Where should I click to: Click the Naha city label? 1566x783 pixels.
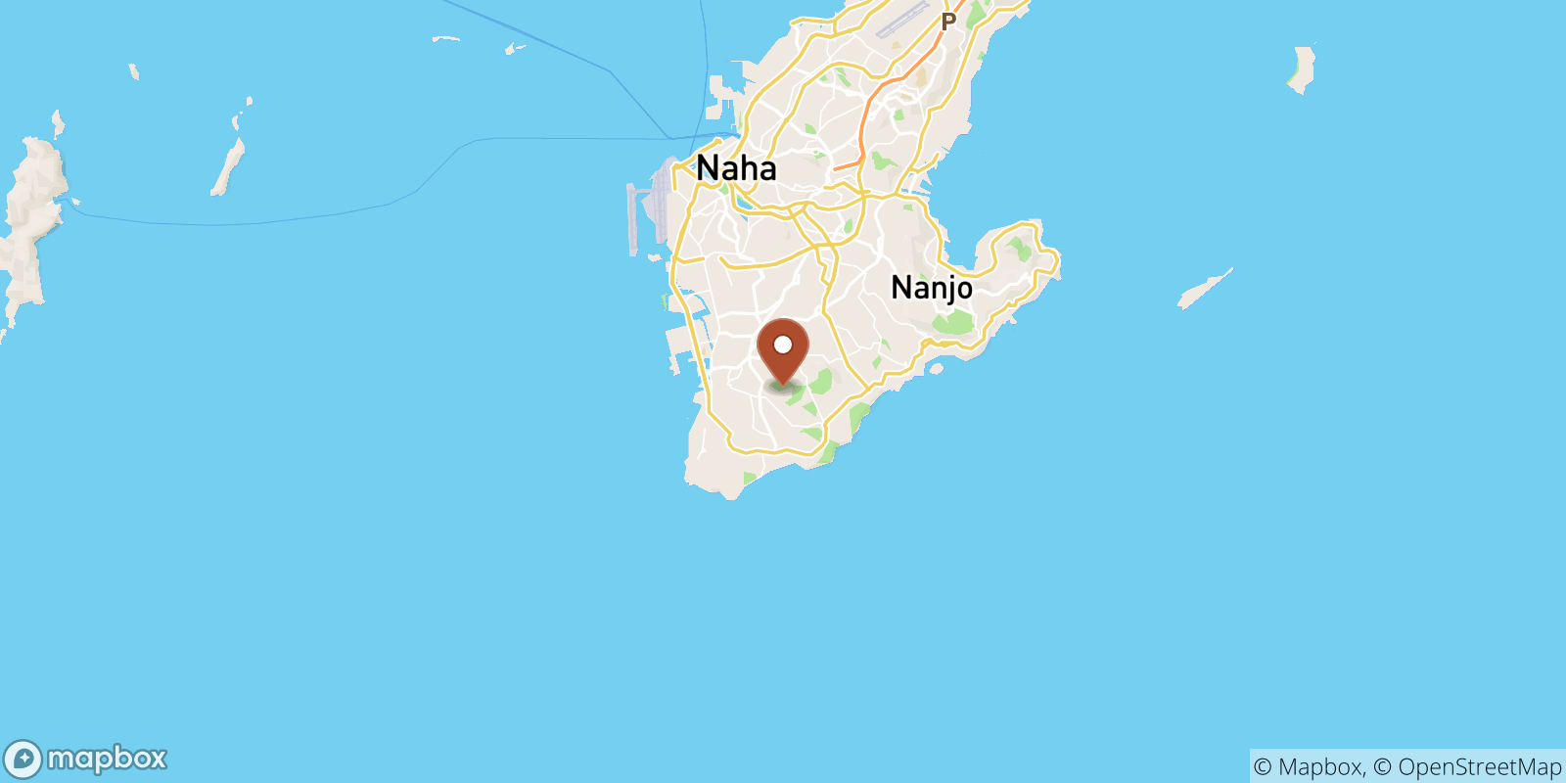[x=736, y=168]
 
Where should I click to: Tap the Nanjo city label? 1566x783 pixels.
[x=932, y=288]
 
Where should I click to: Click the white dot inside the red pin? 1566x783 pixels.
[x=783, y=345]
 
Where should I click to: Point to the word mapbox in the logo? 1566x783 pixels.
[x=107, y=759]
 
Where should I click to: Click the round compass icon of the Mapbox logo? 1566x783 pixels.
[x=23, y=760]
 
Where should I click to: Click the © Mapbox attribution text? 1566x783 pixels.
[x=1308, y=766]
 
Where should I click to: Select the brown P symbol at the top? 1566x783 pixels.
[x=947, y=22]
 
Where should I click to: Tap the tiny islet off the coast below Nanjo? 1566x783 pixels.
[x=936, y=369]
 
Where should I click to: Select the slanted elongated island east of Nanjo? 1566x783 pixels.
[x=1204, y=289]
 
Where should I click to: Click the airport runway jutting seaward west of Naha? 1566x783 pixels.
[x=633, y=217]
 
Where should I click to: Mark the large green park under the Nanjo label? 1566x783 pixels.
[x=953, y=322]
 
